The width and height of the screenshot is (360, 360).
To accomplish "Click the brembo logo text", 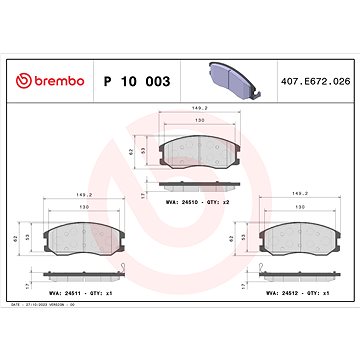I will coord(61,80).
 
